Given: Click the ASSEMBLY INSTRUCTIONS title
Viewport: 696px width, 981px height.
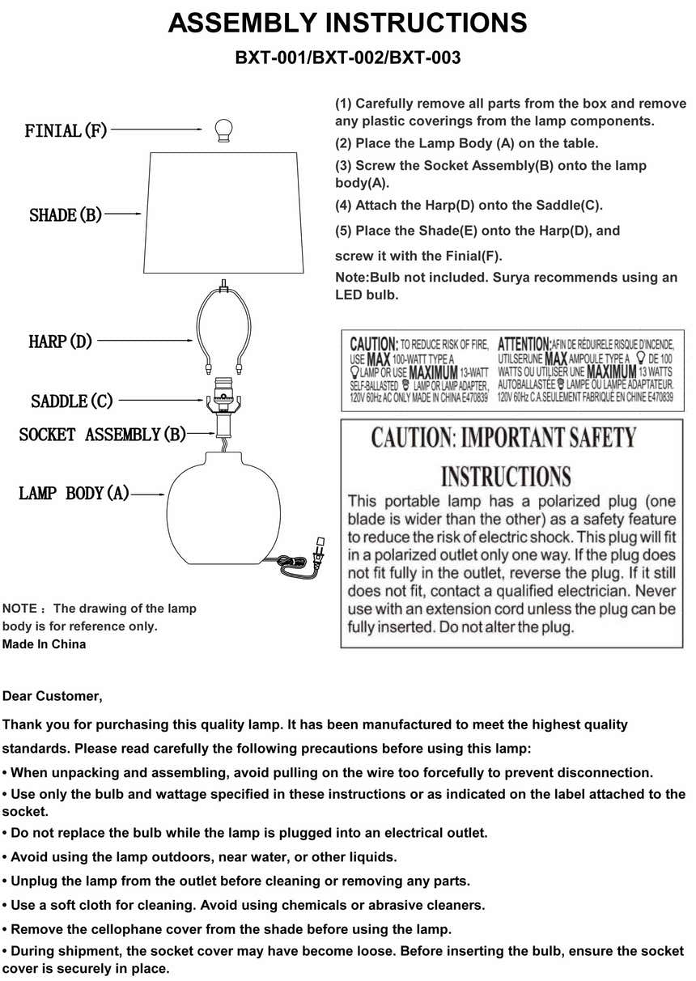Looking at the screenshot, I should click(347, 23).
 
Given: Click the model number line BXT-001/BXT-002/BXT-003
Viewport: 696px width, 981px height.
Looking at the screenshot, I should click(347, 58).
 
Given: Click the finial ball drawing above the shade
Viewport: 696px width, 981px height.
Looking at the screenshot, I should click(223, 130).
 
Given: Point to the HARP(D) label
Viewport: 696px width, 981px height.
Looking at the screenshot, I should click(60, 342).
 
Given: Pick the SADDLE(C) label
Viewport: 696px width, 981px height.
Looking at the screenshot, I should click(72, 401).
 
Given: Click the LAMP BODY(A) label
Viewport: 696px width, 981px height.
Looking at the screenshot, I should click(74, 493).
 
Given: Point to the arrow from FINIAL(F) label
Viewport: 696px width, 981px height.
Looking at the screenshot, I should click(154, 129).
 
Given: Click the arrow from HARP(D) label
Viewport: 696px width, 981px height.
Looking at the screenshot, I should click(146, 342).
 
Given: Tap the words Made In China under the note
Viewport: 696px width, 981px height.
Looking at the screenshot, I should click(44, 644).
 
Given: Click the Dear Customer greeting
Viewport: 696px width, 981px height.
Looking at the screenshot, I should click(53, 696).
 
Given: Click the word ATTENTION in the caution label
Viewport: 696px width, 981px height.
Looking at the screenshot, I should click(524, 344).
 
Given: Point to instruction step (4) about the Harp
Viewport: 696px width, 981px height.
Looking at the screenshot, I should click(469, 206).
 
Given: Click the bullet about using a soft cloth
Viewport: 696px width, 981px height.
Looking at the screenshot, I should click(244, 905).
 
